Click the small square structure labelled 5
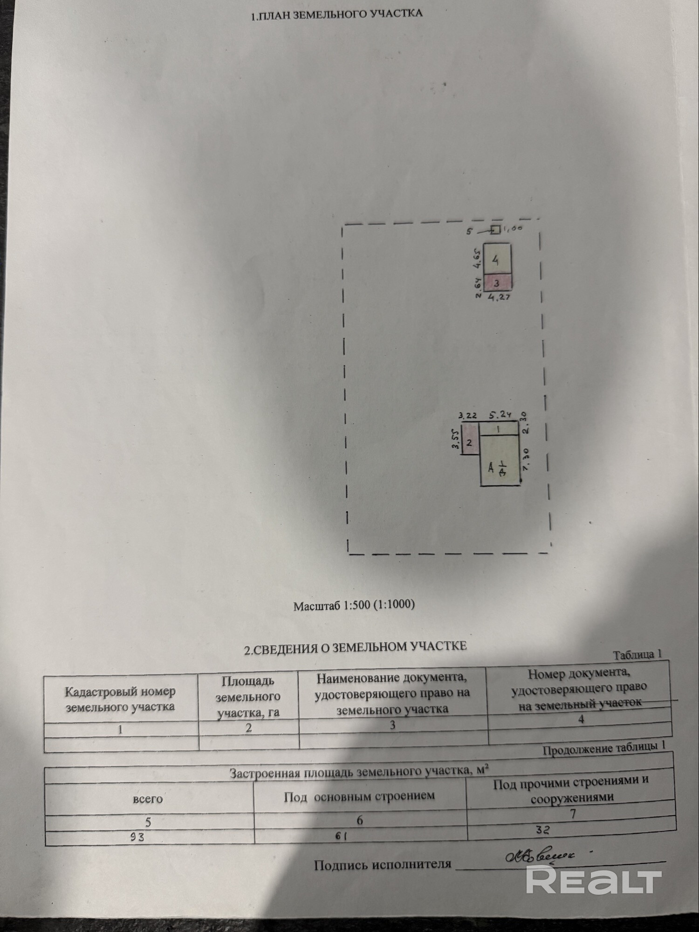point(496,229)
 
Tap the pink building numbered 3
point(497,282)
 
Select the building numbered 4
point(497,259)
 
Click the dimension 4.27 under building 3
point(498,297)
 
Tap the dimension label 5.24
point(500,414)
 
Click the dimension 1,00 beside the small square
point(513,228)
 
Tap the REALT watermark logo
point(594,879)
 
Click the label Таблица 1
point(637,655)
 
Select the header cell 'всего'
point(148,799)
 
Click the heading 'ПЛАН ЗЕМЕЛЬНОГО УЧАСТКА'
point(336,14)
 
